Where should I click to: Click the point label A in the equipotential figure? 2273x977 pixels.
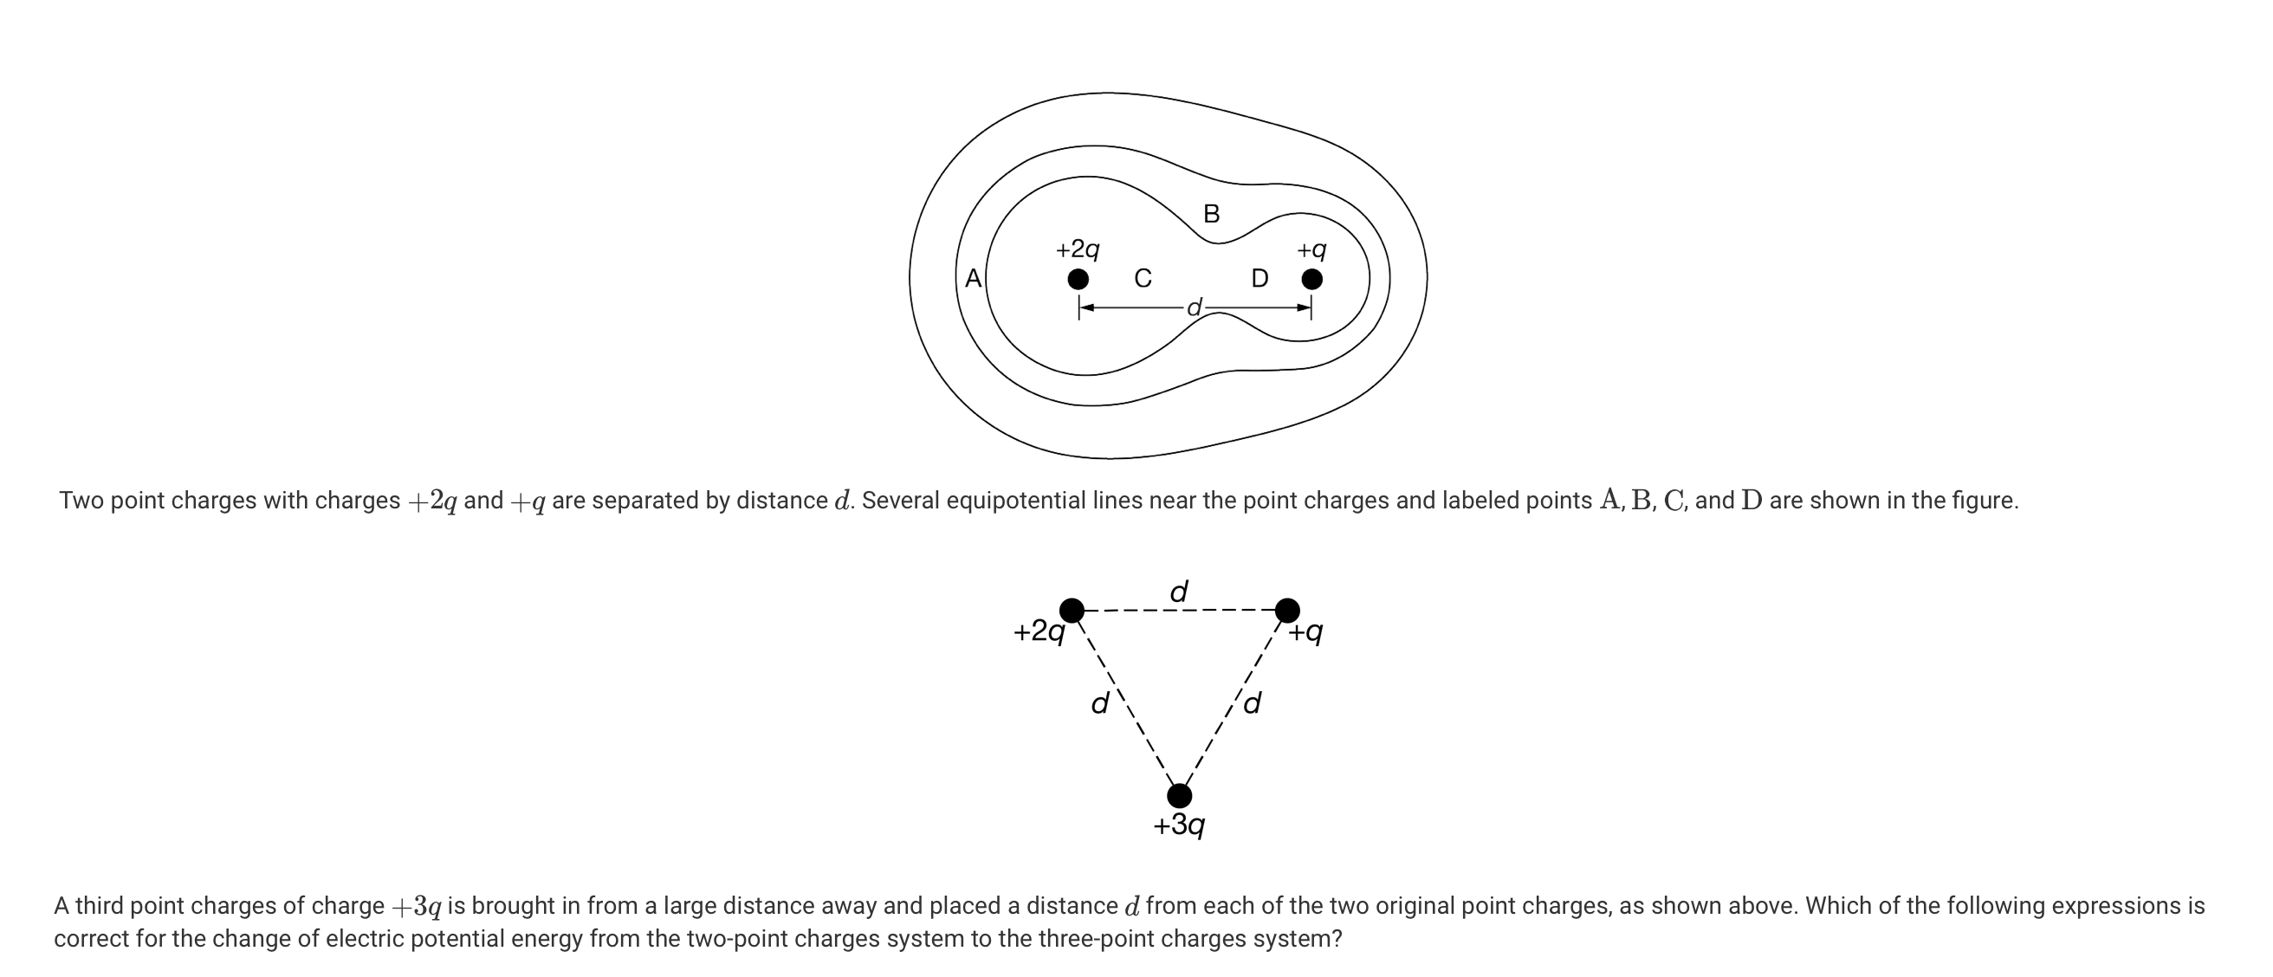coord(974,279)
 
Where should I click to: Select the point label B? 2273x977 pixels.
coord(1212,214)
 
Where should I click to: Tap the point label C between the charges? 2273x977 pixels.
coord(1143,279)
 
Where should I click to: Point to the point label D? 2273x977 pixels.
coord(1260,279)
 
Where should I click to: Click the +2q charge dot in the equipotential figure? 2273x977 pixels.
coord(1078,280)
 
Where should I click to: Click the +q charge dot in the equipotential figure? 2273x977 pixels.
coord(1312,280)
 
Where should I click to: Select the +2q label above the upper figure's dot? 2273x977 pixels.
coord(1078,249)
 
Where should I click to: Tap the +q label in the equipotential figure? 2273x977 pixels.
coord(1311,249)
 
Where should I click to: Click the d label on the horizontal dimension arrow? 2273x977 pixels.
coord(1194,308)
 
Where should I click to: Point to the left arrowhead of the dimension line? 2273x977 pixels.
coord(1087,307)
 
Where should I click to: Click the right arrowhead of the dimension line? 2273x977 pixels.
coord(1304,307)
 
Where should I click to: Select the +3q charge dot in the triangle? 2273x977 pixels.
coord(1179,796)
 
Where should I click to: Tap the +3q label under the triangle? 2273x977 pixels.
coord(1179,825)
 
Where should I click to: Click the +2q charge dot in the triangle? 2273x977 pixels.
coord(1072,610)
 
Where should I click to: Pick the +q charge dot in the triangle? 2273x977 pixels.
coord(1287,610)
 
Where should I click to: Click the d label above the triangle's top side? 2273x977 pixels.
coord(1179,592)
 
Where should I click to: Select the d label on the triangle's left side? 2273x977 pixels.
coord(1100,703)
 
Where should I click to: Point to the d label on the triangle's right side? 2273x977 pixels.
coord(1252,703)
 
